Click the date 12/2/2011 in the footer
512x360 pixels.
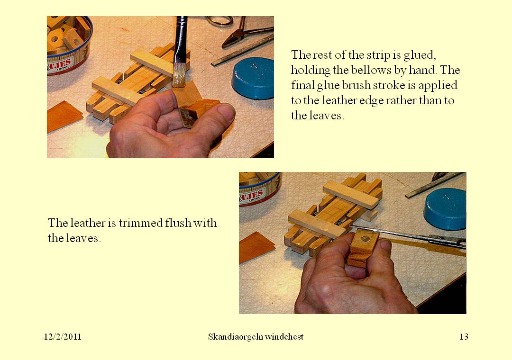pos(63,337)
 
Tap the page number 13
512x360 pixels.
pos(464,337)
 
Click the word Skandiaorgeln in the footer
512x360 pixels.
pos(235,337)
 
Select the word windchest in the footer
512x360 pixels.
pos(284,337)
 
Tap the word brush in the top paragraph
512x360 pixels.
pos(368,85)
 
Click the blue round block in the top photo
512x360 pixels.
pos(253,78)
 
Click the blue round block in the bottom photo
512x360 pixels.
pos(445,209)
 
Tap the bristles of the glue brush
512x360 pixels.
pos(179,75)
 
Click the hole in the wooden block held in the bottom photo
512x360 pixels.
pos(365,239)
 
